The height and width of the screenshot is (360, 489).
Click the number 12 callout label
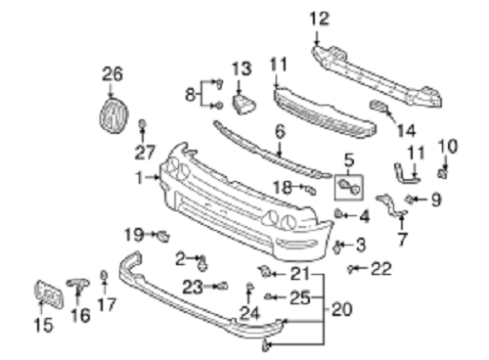319,19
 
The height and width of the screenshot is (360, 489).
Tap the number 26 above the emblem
112,74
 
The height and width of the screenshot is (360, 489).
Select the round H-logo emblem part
113,115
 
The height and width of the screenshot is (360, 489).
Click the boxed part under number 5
349,188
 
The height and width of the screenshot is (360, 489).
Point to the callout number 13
242,68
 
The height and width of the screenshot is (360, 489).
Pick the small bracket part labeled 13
244,104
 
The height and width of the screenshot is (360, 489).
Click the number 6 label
280,131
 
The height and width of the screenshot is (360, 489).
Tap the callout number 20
342,309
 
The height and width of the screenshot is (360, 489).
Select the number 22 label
381,269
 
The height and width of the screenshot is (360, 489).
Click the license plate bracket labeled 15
48,294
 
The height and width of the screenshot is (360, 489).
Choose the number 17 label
107,304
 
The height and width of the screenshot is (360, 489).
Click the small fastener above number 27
142,124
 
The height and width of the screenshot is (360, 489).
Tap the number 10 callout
448,147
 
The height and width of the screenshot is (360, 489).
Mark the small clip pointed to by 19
163,236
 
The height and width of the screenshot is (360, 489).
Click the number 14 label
407,131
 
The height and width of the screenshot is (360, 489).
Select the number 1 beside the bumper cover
139,178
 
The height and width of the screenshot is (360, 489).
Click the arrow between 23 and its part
210,287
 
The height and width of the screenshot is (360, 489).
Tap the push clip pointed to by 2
202,263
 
